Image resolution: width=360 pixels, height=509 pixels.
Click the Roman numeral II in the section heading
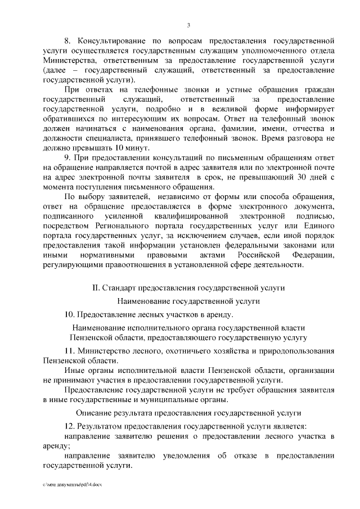[96, 287]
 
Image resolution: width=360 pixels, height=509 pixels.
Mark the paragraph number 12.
[70, 426]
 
